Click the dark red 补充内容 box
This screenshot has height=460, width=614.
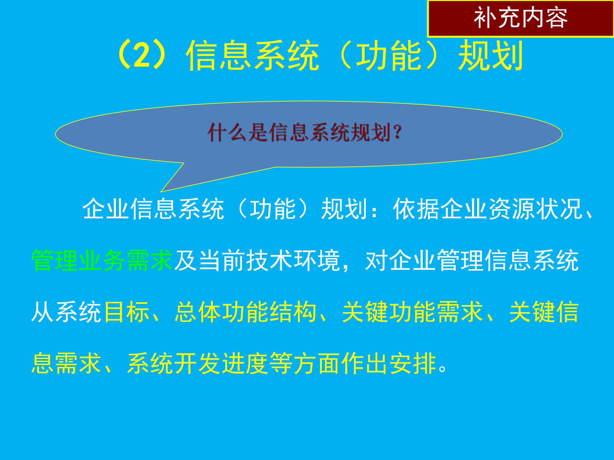tap(520, 19)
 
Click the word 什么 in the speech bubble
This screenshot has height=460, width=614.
tap(227, 132)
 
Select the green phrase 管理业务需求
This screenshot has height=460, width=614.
tap(102, 261)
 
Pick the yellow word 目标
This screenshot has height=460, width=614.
tap(127, 312)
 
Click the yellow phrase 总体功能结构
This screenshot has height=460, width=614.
tap(246, 312)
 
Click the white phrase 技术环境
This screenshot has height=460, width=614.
tap(293, 261)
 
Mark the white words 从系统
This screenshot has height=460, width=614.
tap(67, 312)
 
